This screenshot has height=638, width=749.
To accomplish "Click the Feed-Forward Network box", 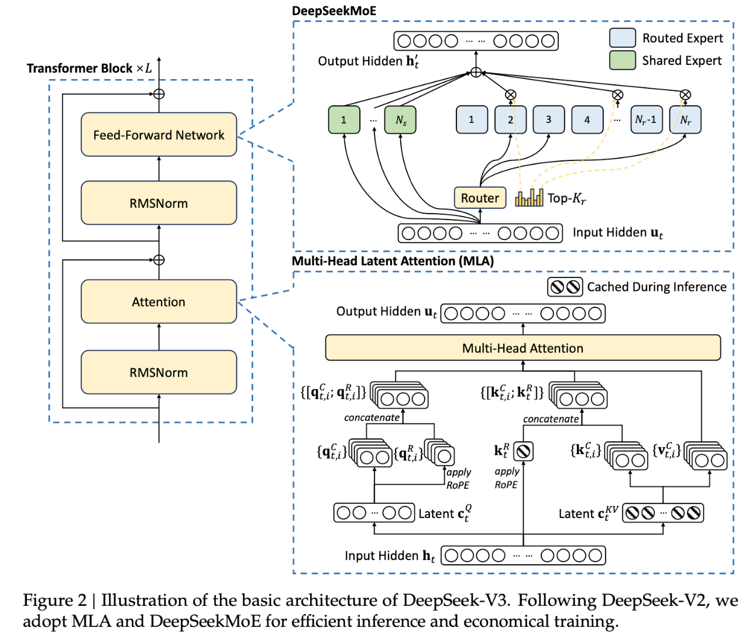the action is pyautogui.click(x=159, y=135).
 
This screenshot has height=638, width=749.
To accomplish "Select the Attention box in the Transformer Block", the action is pyautogui.click(x=159, y=301).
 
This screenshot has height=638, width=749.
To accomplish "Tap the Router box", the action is pyautogui.click(x=480, y=198).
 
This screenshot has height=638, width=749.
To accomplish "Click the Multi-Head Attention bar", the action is pyautogui.click(x=523, y=348).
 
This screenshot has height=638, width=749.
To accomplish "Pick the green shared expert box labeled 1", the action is pyautogui.click(x=344, y=119).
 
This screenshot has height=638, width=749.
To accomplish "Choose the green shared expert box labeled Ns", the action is pyautogui.click(x=400, y=119).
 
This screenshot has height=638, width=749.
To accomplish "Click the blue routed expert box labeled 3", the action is pyautogui.click(x=549, y=119).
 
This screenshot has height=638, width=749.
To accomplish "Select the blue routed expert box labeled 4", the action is pyautogui.click(x=587, y=119).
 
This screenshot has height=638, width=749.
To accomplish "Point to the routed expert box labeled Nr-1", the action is pyautogui.click(x=647, y=119).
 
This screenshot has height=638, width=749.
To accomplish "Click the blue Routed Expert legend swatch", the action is pyautogui.click(x=622, y=37).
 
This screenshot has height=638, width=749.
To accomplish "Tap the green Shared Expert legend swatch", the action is pyautogui.click(x=622, y=60).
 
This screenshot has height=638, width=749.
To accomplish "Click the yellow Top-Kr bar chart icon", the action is pyautogui.click(x=529, y=198).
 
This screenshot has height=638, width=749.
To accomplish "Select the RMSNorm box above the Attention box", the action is pyautogui.click(x=159, y=203).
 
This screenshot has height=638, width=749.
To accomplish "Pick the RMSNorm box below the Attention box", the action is pyautogui.click(x=159, y=372).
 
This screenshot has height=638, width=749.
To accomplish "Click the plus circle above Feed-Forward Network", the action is pyautogui.click(x=159, y=94).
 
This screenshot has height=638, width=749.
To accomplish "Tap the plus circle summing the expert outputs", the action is pyautogui.click(x=476, y=73).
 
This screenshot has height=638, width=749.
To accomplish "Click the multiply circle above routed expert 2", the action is pyautogui.click(x=511, y=95).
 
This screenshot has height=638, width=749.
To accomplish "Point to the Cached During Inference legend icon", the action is pyautogui.click(x=565, y=287).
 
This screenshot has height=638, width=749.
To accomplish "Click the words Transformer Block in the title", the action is pyautogui.click(x=80, y=68).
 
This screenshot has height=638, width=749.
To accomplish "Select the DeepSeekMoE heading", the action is pyautogui.click(x=334, y=11).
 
